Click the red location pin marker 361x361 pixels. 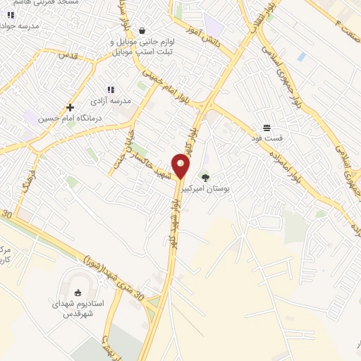(x=181, y=166)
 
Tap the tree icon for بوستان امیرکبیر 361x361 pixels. (x=205, y=177)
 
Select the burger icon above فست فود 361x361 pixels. (x=267, y=128)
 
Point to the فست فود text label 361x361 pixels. (x=267, y=140)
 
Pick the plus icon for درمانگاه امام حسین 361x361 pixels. (x=70, y=107)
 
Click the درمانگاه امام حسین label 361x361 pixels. (x=68, y=118)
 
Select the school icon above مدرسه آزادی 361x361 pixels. (x=110, y=90)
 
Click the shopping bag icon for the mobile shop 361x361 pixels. (x=143, y=30)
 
